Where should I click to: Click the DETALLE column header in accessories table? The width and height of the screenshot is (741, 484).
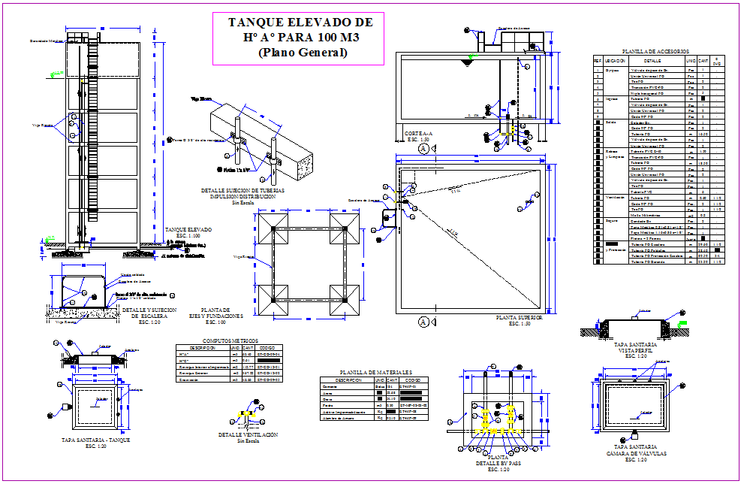coord(652,61)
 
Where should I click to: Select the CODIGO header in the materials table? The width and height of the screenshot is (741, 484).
coord(412,380)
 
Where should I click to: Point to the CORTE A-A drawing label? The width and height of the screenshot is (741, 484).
coord(417,134)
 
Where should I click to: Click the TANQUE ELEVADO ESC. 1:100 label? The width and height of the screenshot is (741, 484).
coord(188,230)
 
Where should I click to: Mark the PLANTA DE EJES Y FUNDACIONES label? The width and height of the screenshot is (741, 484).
coord(221,313)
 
